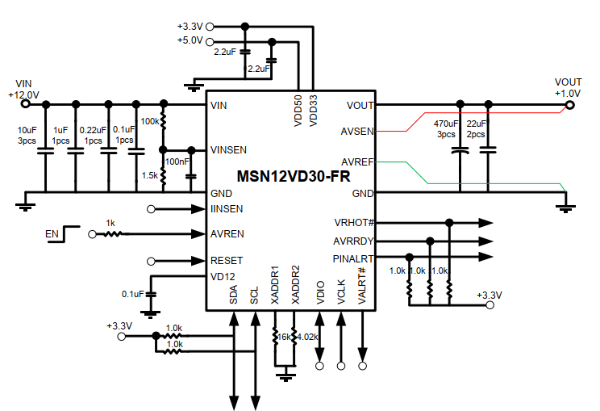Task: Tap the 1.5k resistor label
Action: tap(150, 175)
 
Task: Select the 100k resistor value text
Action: tap(150, 121)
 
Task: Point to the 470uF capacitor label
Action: tap(446, 124)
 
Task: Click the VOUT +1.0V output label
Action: tap(568, 87)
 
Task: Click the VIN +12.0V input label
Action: tap(23, 88)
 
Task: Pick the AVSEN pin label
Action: tap(357, 130)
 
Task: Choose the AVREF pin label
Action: tap(357, 161)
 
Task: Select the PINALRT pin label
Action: tap(354, 258)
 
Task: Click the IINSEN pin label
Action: tap(227, 209)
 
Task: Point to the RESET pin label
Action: tap(226, 261)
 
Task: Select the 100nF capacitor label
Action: tap(177, 162)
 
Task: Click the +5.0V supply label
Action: tap(191, 41)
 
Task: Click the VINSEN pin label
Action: tap(228, 150)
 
